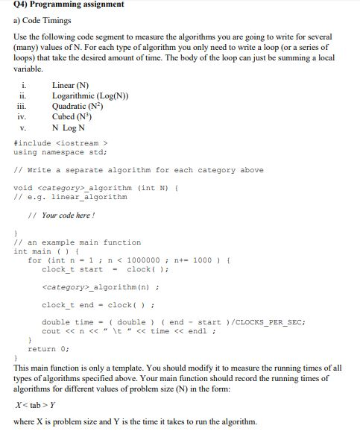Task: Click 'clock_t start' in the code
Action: [x=72, y=270]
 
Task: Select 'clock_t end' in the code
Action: [x=68, y=304]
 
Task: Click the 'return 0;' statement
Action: [x=48, y=348]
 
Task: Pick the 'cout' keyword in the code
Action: [x=51, y=331]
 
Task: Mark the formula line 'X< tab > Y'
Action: [x=39, y=405]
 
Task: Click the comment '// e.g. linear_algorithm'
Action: [x=71, y=197]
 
